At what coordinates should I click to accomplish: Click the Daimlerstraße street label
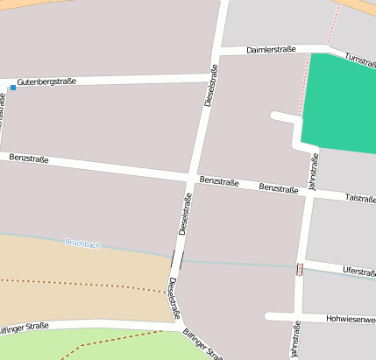pyautogui.click(x=271, y=50)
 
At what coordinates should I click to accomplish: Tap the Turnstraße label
pyautogui.click(x=360, y=59)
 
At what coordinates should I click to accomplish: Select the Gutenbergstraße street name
pyautogui.click(x=46, y=81)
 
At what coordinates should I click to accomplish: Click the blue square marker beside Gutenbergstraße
pyautogui.click(x=13, y=88)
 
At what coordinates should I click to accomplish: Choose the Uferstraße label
pyautogui.click(x=359, y=272)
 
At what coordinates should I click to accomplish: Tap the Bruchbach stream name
pyautogui.click(x=82, y=244)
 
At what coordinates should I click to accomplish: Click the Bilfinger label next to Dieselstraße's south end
pyautogui.click(x=202, y=344)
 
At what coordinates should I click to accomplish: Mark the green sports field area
pyautogui.click(x=340, y=103)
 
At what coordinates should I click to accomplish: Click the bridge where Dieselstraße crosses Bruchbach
pyautogui.click(x=178, y=259)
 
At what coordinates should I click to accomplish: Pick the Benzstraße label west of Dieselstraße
pyautogui.click(x=28, y=159)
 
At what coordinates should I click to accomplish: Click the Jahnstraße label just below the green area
pyautogui.click(x=312, y=171)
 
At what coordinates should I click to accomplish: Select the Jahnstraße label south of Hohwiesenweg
pyautogui.click(x=295, y=340)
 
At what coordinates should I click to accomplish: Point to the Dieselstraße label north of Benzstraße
pyautogui.click(x=210, y=86)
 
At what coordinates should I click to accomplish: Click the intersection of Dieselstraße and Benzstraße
pyautogui.click(x=190, y=178)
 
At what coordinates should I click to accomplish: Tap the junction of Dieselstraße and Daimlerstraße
pyautogui.click(x=219, y=51)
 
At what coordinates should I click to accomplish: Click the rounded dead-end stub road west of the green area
pyautogui.click(x=277, y=116)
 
